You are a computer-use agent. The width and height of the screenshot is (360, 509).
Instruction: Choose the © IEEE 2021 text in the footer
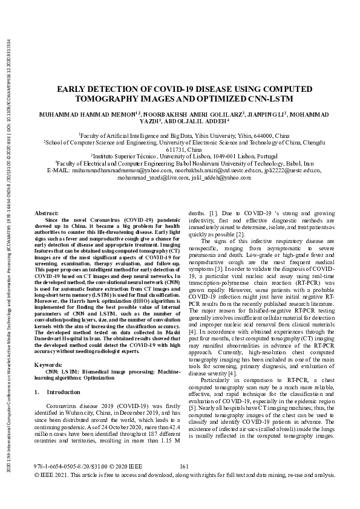pyautogui.click(x=53, y=493)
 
